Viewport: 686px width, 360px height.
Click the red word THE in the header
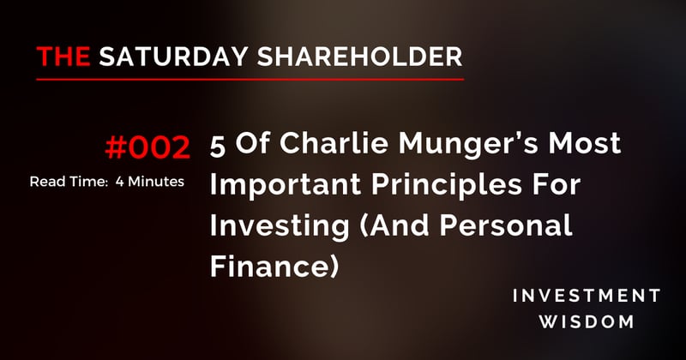[x=64, y=57]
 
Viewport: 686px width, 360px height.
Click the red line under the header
[x=250, y=79]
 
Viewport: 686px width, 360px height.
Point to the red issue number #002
[x=147, y=148]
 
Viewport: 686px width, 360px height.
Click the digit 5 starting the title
[x=218, y=147]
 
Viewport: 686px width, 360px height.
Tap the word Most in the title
[x=590, y=147]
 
